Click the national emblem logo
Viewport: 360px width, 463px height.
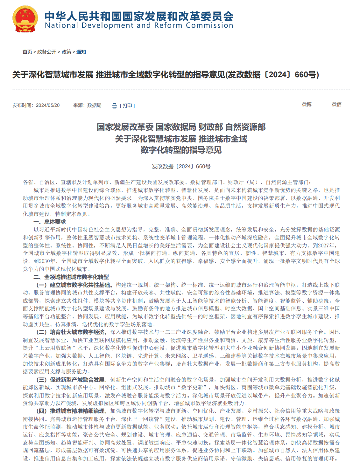coord(25,19)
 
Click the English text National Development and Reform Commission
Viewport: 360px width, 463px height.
coord(139,25)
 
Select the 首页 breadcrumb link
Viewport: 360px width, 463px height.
coord(27,52)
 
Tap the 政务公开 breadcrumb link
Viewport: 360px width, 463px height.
coord(47,52)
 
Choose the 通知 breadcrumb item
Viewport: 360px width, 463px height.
coord(81,52)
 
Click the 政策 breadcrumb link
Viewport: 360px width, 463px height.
coord(67,52)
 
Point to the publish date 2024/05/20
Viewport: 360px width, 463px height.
coord(48,105)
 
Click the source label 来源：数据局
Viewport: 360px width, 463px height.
coord(87,105)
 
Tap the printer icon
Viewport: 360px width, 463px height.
coord(114,106)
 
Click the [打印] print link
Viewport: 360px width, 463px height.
coord(127,106)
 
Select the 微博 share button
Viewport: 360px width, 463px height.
coord(307,104)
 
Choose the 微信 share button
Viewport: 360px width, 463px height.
coord(337,104)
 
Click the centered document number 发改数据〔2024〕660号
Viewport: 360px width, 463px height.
coord(181,166)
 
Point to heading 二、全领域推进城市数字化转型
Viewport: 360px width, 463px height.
coord(71,277)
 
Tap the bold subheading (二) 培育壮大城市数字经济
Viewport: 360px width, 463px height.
coord(71,332)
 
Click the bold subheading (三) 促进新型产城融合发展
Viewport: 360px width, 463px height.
coord(71,380)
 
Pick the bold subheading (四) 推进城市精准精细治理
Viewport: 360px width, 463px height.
coord(71,411)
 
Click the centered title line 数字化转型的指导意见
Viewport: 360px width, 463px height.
coord(181,150)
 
